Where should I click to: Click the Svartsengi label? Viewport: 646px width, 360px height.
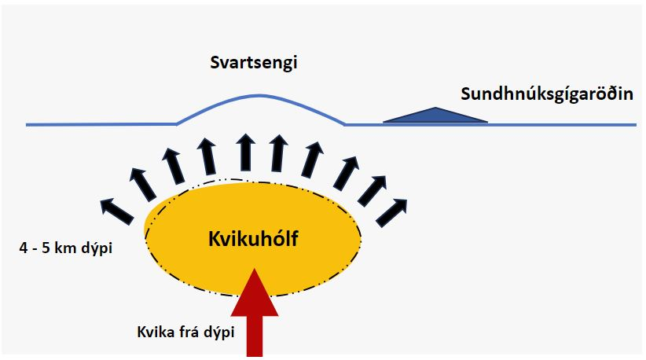pos(254,63)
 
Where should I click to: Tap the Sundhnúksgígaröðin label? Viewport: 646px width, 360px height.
pos(547,94)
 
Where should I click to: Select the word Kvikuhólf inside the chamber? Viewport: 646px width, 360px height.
pos(253,239)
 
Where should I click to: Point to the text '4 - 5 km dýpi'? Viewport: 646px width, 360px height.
pos(66,248)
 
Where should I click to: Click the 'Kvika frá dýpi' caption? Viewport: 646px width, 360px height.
pos(185,332)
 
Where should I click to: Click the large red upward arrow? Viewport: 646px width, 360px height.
pos(255,312)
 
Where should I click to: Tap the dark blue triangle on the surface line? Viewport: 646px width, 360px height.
pos(435,115)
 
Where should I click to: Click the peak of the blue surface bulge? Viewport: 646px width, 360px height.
pos(259,96)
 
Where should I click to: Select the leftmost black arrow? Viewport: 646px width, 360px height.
pos(117,211)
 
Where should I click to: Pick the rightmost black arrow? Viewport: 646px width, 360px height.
pos(391,212)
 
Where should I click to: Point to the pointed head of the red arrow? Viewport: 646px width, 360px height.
pos(255,270)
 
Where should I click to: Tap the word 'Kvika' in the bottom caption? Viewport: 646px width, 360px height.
pos(156,332)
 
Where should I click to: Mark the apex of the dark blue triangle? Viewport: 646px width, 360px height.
pos(435,108)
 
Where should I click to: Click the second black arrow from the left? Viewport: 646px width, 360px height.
pos(142,185)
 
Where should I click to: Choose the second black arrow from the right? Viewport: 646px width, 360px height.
pos(372,191)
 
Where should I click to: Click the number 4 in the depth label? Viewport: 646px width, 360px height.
pos(23,248)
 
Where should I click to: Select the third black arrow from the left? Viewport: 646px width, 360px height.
pos(173,166)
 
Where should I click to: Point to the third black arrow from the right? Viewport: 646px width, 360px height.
pos(346,173)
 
